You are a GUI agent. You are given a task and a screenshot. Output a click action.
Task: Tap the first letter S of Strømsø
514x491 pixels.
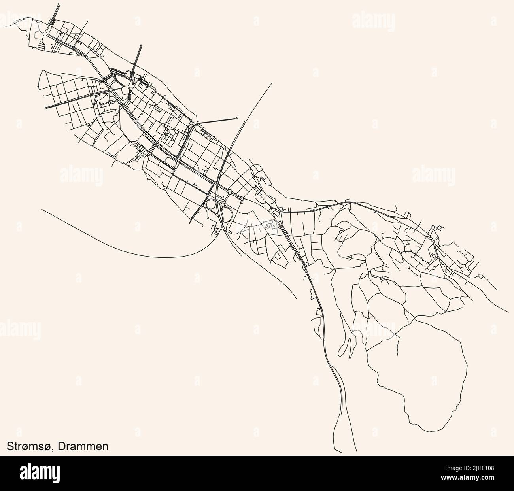11,446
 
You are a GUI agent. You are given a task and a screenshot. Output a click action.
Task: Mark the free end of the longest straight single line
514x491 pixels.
272,83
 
